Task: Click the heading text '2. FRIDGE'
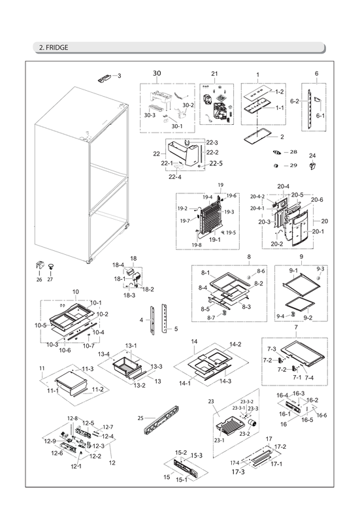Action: pyautogui.click(x=52, y=47)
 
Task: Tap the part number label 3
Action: pyautogui.click(x=119, y=76)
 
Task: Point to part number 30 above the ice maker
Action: pyautogui.click(x=156, y=73)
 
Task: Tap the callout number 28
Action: pyautogui.click(x=293, y=152)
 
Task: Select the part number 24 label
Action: pyautogui.click(x=312, y=156)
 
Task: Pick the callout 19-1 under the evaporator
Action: pyautogui.click(x=214, y=240)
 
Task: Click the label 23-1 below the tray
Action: pyautogui.click(x=220, y=440)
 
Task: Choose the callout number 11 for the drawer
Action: pyautogui.click(x=41, y=369)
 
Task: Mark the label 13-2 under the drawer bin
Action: pyautogui.click(x=139, y=386)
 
